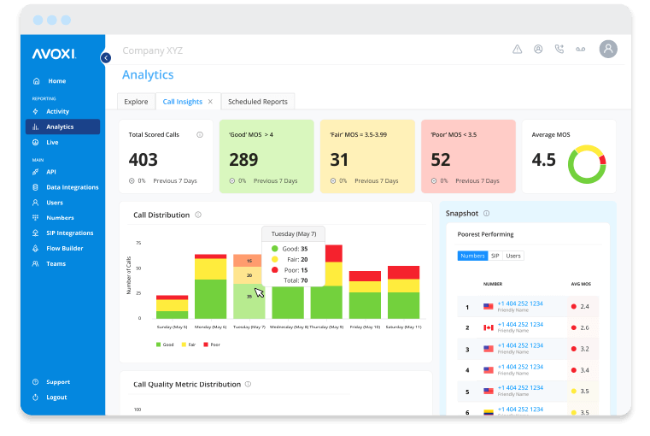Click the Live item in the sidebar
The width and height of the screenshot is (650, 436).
pos(53,142)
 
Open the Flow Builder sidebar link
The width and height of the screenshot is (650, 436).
pos(64,248)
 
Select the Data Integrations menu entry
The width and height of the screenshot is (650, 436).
pos(72,187)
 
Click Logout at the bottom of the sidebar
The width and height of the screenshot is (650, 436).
pos(56,398)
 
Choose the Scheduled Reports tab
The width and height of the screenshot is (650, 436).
pos(257,102)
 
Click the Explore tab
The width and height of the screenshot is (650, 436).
pos(136,102)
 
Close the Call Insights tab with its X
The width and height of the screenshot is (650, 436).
pos(210,102)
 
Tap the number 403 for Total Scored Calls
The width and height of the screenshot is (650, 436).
pos(143,160)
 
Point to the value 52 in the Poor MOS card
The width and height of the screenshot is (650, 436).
pos(441,160)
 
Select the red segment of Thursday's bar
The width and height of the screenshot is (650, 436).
pos(325,252)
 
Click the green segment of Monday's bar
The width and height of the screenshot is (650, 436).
pos(210,298)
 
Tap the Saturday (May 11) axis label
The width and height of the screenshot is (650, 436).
pos(403,327)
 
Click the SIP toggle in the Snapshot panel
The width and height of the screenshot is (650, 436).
pos(495,256)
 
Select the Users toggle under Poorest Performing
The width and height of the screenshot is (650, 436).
pos(512,256)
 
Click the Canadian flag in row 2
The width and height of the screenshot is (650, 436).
pos(489,327)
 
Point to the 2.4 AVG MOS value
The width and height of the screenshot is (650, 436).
pos(584,306)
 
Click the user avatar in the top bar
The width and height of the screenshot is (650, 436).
pos(608,50)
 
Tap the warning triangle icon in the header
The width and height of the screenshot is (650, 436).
pos(517,50)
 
